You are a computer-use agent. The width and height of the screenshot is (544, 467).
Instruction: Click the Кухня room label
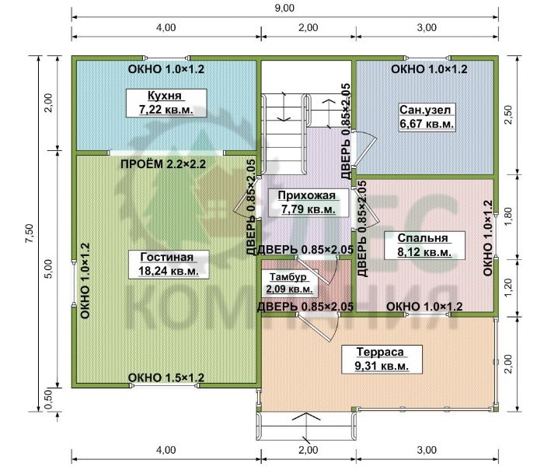(166, 103)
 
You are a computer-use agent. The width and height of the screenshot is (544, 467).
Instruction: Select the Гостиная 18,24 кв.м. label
(169, 264)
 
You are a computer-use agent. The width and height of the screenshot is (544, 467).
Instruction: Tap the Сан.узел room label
(427, 117)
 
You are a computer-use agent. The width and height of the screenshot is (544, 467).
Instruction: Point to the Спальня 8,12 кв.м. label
(424, 245)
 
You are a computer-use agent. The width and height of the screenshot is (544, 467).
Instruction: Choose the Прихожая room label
(308, 202)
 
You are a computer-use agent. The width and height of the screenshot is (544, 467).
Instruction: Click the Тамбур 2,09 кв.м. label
(289, 283)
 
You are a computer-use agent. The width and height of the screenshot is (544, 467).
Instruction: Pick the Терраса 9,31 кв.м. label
(382, 359)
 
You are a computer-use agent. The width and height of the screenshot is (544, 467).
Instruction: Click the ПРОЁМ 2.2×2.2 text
(163, 163)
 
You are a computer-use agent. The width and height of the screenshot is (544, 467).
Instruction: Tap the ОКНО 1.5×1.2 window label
(166, 377)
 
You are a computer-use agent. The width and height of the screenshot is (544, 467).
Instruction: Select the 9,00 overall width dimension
(285, 8)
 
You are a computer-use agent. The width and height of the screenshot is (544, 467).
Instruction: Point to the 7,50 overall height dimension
(30, 233)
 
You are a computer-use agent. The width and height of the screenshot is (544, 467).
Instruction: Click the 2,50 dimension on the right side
(508, 115)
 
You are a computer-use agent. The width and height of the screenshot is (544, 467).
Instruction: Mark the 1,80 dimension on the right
(508, 216)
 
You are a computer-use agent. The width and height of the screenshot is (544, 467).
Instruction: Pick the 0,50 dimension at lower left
(48, 399)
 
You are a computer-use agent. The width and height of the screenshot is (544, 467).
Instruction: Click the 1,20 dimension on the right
(508, 288)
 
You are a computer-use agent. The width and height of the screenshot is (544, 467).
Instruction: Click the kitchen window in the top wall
(167, 58)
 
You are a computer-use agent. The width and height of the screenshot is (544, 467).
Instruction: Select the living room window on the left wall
(74, 283)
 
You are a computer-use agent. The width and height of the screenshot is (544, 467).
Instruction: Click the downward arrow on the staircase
(284, 107)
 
